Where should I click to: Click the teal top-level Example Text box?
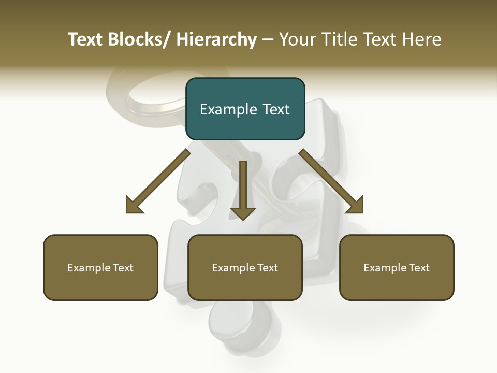pyautogui.click(x=245, y=109)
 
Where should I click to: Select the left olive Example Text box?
pyautogui.click(x=100, y=267)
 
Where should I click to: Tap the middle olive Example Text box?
pyautogui.click(x=245, y=267)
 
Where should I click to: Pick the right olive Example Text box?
pyautogui.click(x=397, y=267)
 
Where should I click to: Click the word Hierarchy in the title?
pyautogui.click(x=216, y=39)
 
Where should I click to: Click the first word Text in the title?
pyautogui.click(x=86, y=39)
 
